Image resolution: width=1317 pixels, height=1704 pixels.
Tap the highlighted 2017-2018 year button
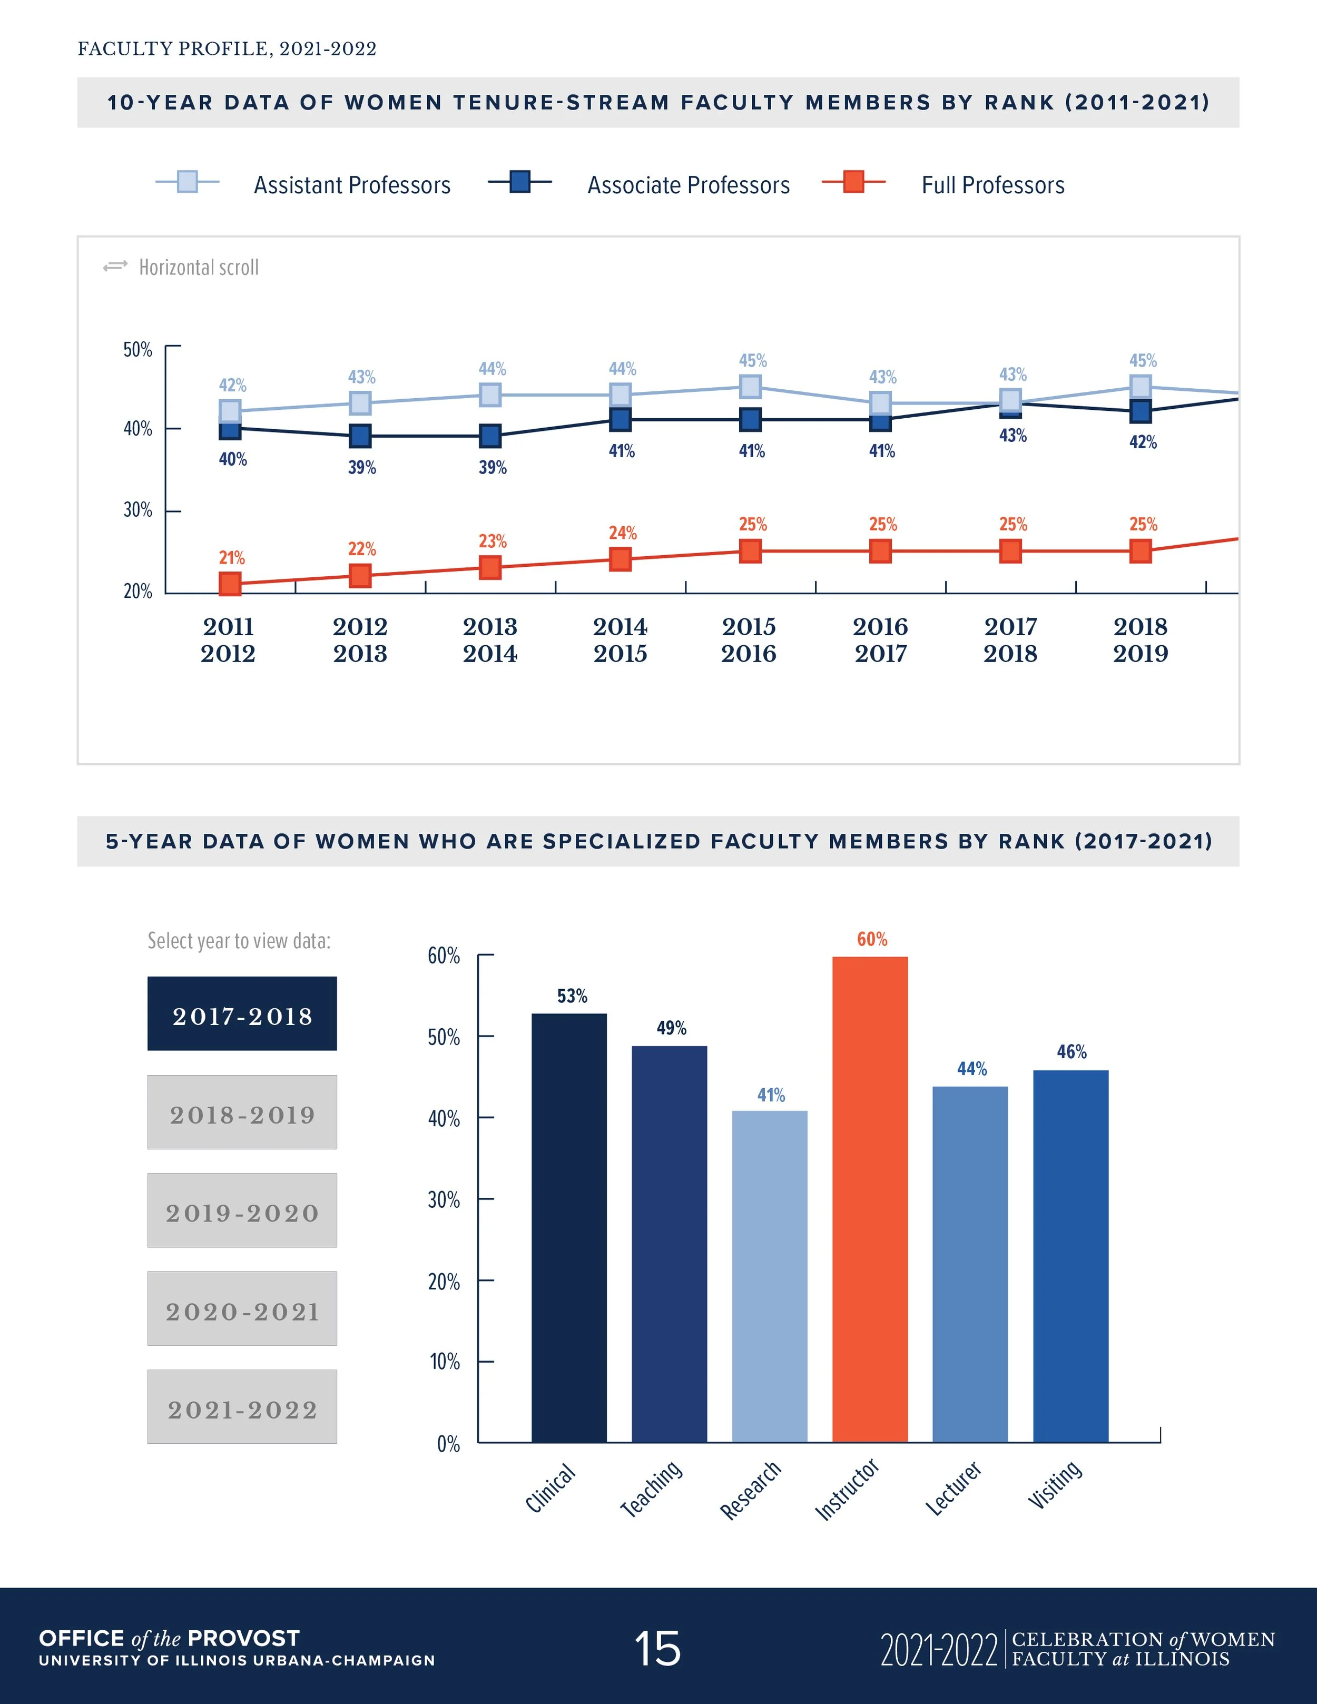point(242,1013)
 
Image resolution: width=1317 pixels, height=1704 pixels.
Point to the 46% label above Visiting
point(1071,1052)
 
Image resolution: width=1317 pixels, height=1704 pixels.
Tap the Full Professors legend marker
point(853,182)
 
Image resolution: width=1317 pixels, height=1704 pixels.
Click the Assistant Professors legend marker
point(187,182)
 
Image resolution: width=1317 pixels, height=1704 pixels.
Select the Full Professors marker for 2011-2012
point(229,584)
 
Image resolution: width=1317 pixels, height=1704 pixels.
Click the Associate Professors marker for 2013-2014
point(490,436)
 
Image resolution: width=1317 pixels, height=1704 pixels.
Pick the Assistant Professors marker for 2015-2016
point(750,386)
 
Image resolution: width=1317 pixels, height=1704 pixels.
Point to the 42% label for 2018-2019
point(1142,442)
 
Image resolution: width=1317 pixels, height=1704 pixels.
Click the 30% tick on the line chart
point(138,510)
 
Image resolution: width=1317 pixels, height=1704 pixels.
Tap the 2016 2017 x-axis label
point(880,640)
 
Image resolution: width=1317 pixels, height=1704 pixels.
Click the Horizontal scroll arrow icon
point(115,267)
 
